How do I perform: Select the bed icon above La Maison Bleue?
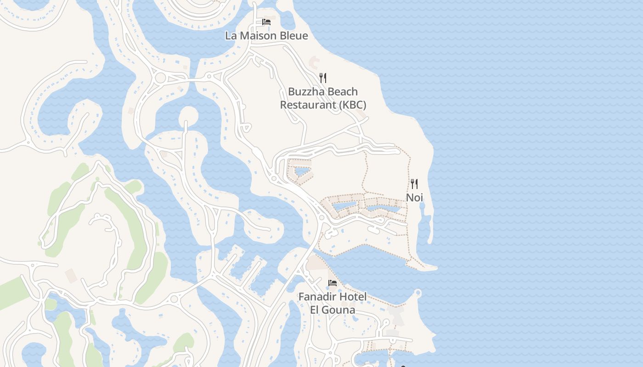click(x=266, y=22)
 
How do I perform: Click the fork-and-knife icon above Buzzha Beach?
click(x=323, y=78)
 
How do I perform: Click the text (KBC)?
click(x=353, y=105)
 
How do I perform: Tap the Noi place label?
click(x=414, y=198)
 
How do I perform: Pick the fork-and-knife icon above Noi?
click(x=414, y=184)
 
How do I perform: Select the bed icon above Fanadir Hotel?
click(x=333, y=283)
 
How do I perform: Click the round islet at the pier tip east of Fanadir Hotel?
click(x=417, y=292)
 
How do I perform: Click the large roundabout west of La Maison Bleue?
click(x=160, y=78)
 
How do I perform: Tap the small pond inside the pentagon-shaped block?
click(x=301, y=172)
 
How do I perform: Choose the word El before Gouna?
click(x=315, y=310)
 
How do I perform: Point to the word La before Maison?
click(x=231, y=35)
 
